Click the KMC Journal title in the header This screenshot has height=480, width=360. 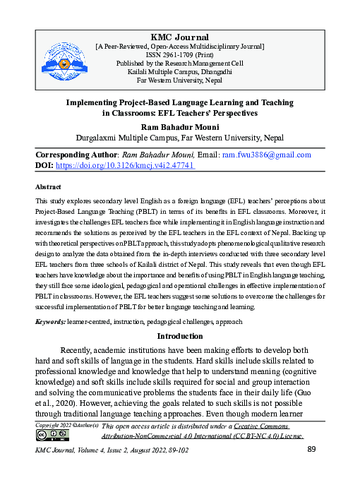pyautogui.click(x=180, y=37)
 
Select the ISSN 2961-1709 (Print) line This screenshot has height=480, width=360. pyautogui.click(x=180, y=54)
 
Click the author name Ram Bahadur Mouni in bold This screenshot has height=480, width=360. pyautogui.click(x=180, y=127)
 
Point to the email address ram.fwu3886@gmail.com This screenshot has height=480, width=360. pyautogui.click(x=271, y=154)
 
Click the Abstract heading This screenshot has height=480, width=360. pyautogui.click(x=48, y=188)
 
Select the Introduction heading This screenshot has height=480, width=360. pyautogui.click(x=180, y=336)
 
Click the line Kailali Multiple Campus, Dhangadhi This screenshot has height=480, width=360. pyautogui.click(x=180, y=71)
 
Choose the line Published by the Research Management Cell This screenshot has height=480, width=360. pyautogui.click(x=180, y=63)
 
